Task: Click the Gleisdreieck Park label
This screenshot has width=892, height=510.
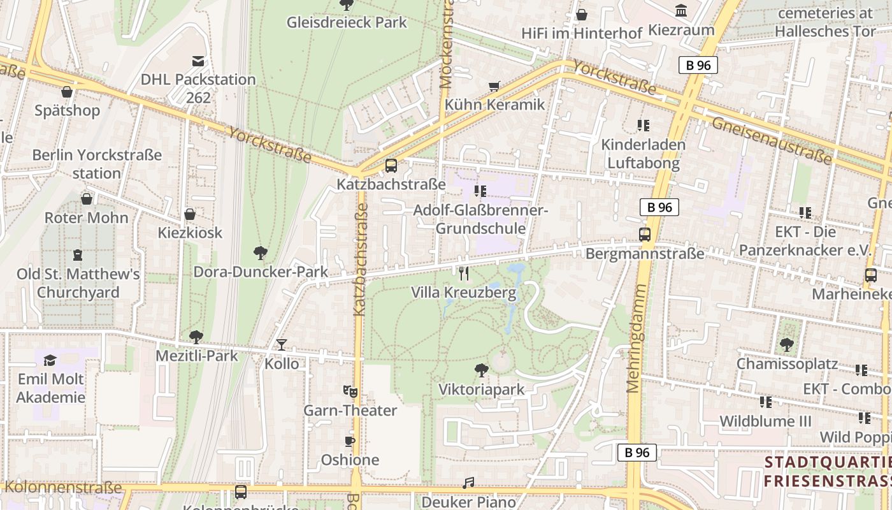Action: [347, 22]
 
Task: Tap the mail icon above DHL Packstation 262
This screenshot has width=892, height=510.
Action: [198, 61]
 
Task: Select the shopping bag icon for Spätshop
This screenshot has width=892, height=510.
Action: [67, 92]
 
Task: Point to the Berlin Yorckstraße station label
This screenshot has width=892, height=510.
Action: [97, 164]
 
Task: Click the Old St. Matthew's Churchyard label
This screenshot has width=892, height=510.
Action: [78, 283]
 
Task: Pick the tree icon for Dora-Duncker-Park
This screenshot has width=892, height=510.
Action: [260, 253]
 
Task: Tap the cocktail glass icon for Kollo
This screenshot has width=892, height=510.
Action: [281, 345]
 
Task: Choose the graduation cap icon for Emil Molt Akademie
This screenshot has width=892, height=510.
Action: [50, 361]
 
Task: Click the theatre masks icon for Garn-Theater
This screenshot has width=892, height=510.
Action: [349, 391]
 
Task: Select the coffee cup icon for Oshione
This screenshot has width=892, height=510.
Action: [349, 441]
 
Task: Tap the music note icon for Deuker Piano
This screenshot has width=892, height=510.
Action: [468, 483]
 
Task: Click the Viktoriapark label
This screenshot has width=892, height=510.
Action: [481, 390]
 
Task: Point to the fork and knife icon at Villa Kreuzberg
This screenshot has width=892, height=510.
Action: [464, 273]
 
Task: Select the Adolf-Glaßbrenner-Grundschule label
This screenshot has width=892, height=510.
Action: [480, 219]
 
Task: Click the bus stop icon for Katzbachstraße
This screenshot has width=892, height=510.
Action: [391, 166]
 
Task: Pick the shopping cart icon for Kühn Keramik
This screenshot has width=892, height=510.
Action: [494, 86]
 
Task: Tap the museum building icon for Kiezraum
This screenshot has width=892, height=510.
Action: [681, 11]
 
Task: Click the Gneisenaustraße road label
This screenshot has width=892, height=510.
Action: [772, 140]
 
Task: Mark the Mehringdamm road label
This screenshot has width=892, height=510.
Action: [636, 338]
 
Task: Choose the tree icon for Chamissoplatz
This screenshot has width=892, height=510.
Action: [787, 345]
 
